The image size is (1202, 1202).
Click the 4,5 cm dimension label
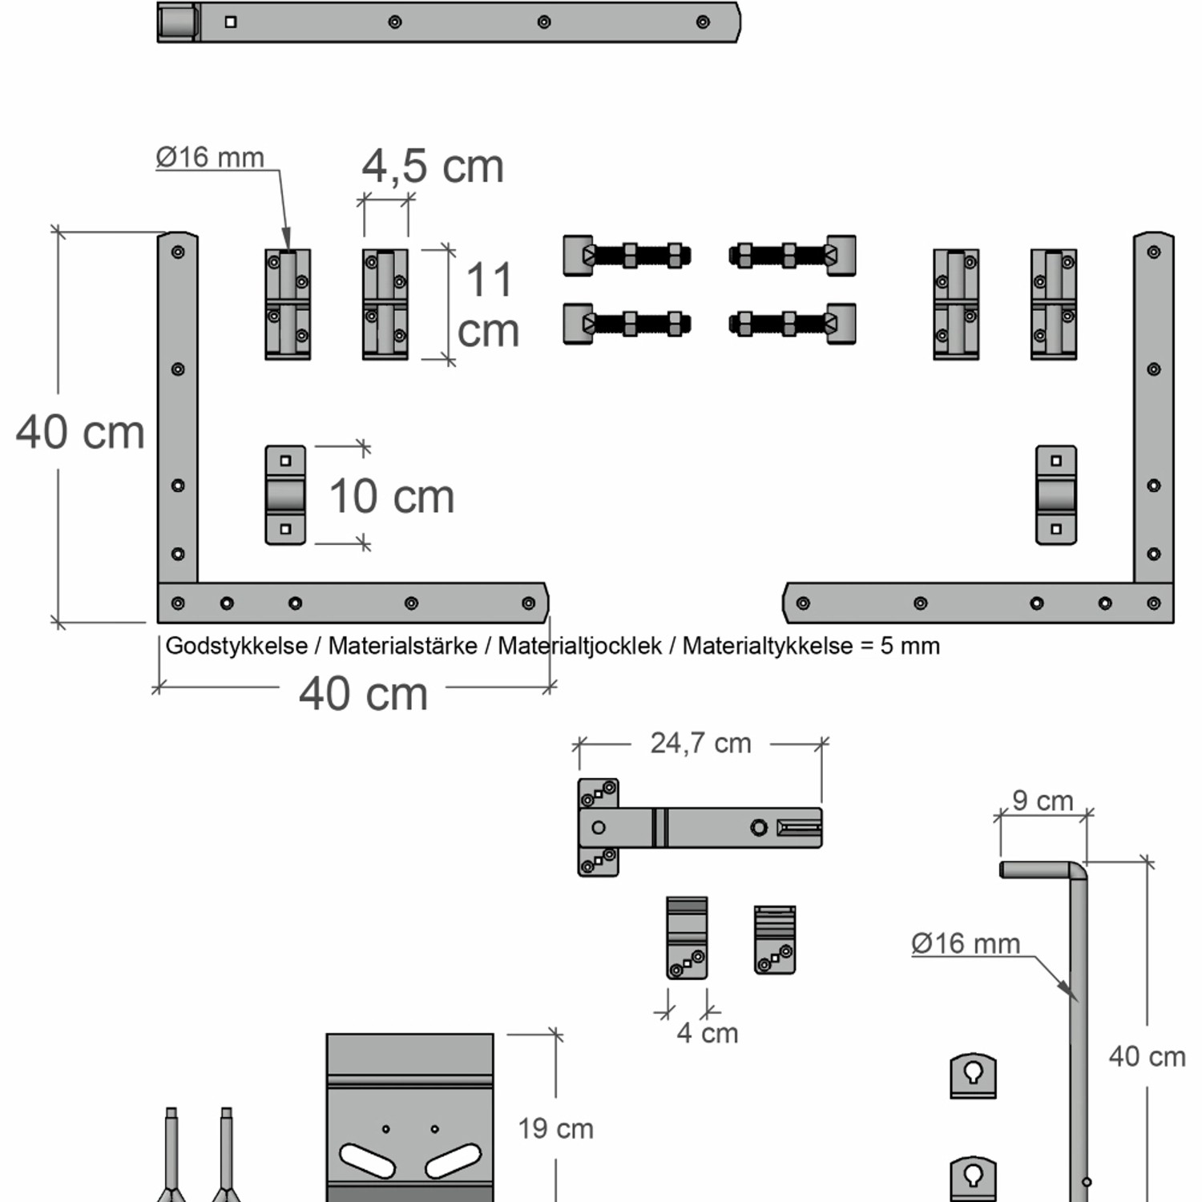pos(433,167)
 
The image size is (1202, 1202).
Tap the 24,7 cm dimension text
pos(700,744)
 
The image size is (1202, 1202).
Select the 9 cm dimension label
pos(1043,801)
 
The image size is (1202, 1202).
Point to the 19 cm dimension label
pos(555,1129)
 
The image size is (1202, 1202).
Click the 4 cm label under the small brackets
pos(707,1033)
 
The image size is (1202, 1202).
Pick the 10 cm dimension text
pos(392,497)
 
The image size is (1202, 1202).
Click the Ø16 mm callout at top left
pos(210,157)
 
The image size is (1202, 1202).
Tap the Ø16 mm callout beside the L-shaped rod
pos(966,944)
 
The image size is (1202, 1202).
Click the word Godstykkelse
pos(236,646)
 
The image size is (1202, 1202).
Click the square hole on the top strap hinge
pos(231,22)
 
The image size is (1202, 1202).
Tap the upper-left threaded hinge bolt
pos(627,256)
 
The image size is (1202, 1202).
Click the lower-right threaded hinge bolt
pos(793,324)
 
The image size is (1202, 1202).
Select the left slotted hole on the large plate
pos(367,1160)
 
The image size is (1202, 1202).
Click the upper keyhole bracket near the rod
pos(973,1075)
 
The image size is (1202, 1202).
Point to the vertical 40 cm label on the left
pos(80,433)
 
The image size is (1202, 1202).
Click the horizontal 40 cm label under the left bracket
pos(363,694)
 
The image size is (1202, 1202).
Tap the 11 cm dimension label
pos(488,305)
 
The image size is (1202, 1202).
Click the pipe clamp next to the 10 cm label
pos(285,495)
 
